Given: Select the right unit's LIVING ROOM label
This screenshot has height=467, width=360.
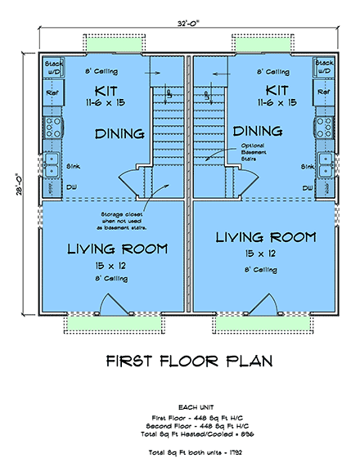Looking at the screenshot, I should click(x=265, y=237).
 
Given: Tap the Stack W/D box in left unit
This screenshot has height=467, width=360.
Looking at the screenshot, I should click(x=53, y=65).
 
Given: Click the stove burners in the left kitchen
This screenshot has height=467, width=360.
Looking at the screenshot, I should click(x=52, y=127).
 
